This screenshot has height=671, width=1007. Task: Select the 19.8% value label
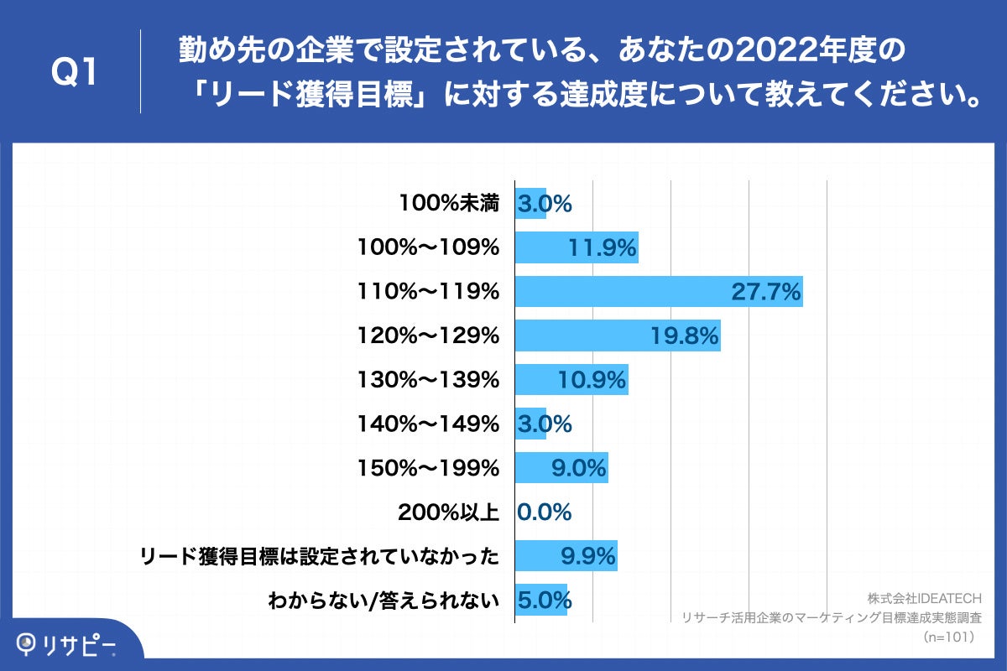[685, 336]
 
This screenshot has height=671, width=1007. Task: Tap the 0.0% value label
[545, 512]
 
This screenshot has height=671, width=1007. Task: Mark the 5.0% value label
[545, 601]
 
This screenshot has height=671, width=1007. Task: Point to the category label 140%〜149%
[428, 424]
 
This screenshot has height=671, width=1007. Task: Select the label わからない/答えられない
[383, 601]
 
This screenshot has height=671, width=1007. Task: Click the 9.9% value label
[588, 556]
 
